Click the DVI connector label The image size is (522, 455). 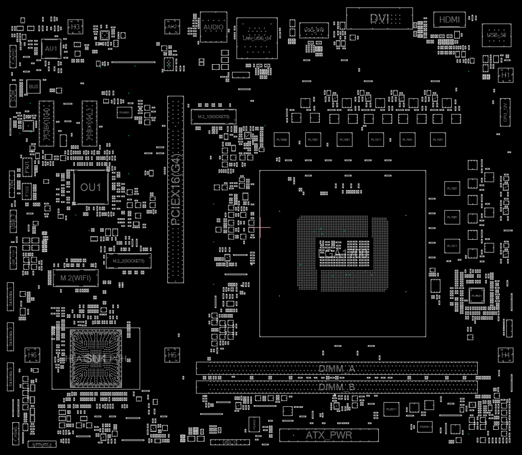pos(380,19)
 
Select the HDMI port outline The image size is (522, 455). pos(450,20)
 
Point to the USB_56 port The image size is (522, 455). pos(496,34)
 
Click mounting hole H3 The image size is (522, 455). pos(75,26)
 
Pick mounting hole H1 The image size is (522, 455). pos(506,75)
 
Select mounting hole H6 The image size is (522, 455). pos(32,355)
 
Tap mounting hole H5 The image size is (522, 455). pos(172,355)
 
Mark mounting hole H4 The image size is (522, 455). pos(506,355)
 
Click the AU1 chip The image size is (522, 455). pos(51,49)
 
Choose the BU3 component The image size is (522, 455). pos(33,87)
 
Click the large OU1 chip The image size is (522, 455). pos(91,187)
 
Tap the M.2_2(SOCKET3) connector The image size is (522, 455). pos(129,261)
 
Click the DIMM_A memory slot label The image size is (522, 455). pos(337,369)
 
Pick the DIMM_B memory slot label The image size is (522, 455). pos(337,387)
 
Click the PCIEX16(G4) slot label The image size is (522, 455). pos(175,190)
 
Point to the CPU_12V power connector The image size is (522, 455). pos(505,112)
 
